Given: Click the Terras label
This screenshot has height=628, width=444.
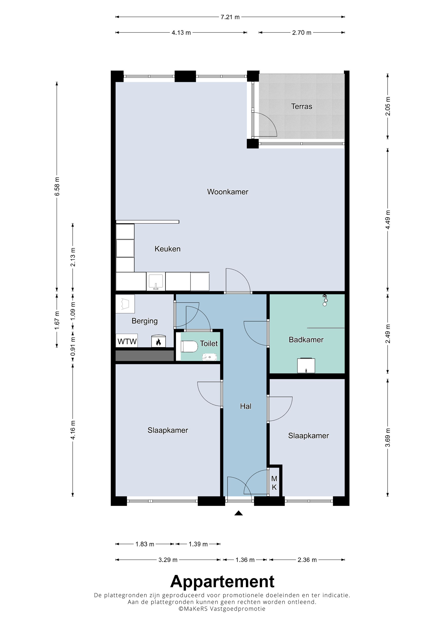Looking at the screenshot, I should [301, 106].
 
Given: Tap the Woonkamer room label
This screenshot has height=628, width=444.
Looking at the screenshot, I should [228, 192].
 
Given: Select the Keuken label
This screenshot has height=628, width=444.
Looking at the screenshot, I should [167, 249].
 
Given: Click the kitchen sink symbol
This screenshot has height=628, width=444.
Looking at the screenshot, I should [156, 282].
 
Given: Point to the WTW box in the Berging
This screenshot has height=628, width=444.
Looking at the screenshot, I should [127, 341].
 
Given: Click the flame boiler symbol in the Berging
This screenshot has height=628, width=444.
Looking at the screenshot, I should [158, 341].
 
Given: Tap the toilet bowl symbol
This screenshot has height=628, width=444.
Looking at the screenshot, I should [189, 347].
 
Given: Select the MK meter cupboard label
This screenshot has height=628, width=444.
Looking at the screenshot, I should [274, 483].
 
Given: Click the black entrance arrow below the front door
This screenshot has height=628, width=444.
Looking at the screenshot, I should [238, 513].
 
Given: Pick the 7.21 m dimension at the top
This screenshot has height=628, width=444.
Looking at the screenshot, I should [230, 17].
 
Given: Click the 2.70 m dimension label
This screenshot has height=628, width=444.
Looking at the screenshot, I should [301, 33].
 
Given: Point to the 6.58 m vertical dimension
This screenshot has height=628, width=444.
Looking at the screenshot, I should [57, 186].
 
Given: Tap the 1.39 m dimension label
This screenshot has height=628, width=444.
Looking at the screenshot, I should [198, 544].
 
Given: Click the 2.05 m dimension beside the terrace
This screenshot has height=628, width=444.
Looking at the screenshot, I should [388, 106].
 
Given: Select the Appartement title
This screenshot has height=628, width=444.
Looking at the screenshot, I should [222, 581].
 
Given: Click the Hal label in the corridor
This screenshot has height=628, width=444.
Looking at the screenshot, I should [245, 406].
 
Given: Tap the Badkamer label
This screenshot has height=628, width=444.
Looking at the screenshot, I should [306, 340].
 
